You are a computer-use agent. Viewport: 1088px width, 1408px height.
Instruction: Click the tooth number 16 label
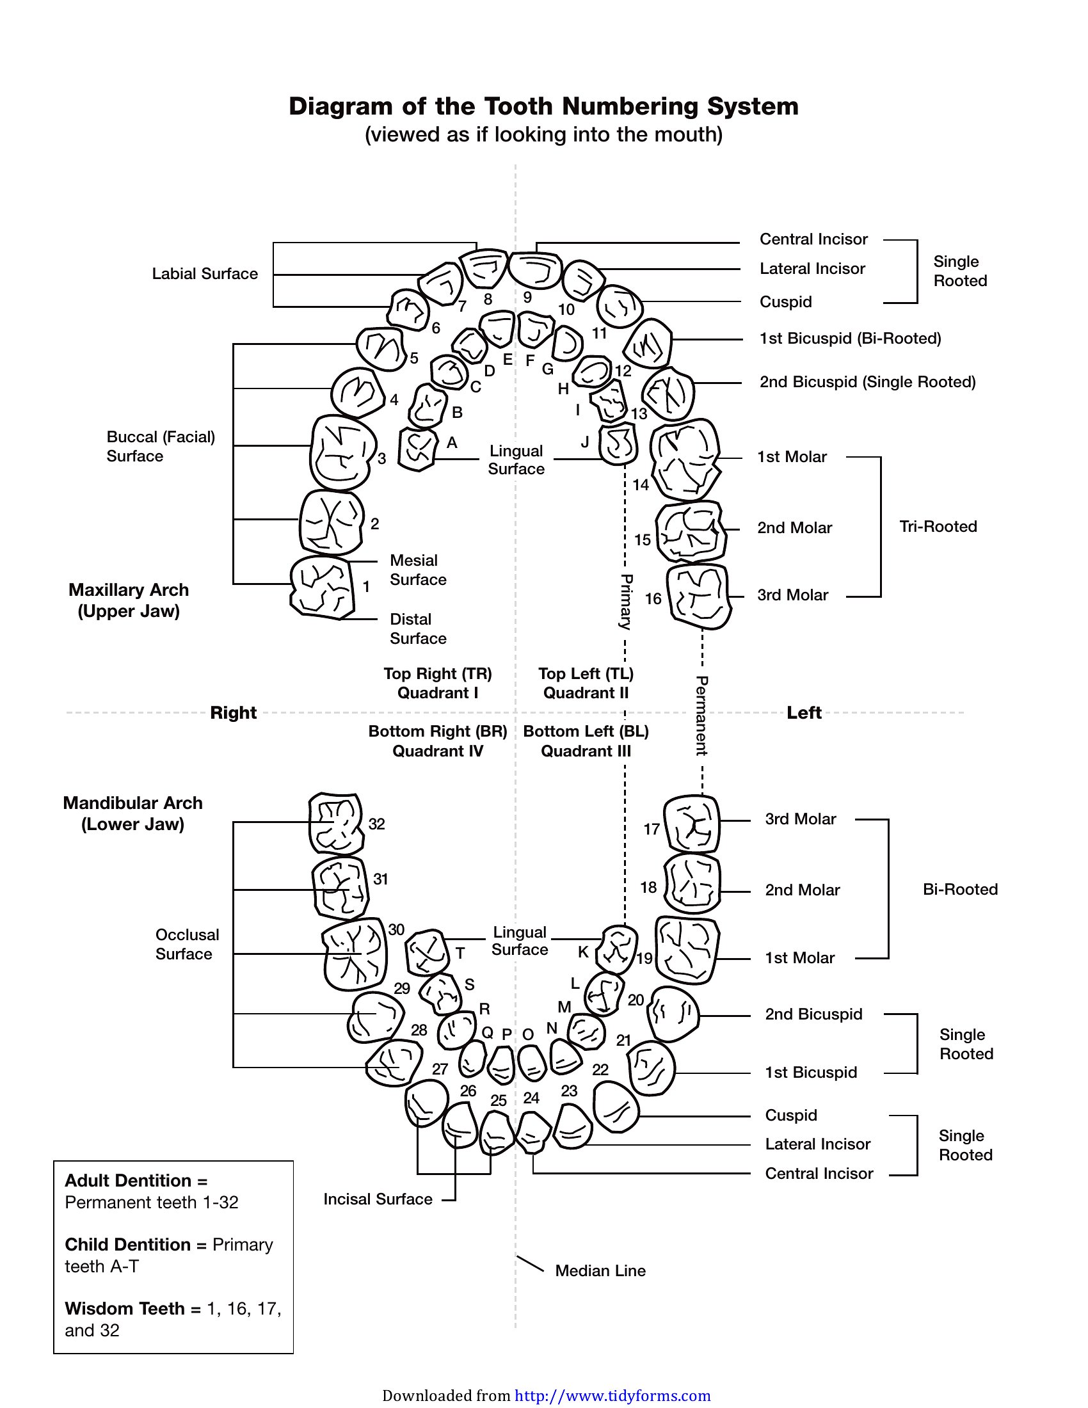653,599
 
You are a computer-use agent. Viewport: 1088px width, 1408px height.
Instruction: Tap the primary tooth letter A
452,442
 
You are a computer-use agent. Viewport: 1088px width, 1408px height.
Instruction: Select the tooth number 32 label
376,824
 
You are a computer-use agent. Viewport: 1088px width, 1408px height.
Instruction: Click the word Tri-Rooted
938,526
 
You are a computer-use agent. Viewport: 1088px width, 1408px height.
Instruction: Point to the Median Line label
600,1270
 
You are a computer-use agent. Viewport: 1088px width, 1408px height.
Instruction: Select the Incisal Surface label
378,1199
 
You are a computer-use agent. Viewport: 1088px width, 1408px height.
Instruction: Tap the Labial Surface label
205,273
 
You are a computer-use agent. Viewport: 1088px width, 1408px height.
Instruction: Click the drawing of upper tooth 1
323,588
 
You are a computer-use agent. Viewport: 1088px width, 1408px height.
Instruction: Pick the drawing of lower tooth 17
692,824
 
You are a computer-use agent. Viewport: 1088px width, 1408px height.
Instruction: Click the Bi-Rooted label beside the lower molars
960,889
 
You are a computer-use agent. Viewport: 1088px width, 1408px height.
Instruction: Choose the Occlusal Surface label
187,944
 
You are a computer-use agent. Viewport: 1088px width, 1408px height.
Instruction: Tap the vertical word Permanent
702,716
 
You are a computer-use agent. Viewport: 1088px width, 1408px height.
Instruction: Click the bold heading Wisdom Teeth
124,1308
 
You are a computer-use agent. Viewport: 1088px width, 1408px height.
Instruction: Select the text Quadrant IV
438,751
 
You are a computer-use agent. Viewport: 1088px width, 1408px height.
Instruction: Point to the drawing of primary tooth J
618,444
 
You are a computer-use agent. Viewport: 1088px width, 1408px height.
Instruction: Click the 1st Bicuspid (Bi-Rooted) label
850,339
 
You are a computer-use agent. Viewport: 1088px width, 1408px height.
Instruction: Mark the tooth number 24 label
531,1098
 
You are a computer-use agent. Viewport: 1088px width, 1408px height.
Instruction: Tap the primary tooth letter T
460,954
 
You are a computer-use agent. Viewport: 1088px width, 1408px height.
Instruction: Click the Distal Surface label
418,628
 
